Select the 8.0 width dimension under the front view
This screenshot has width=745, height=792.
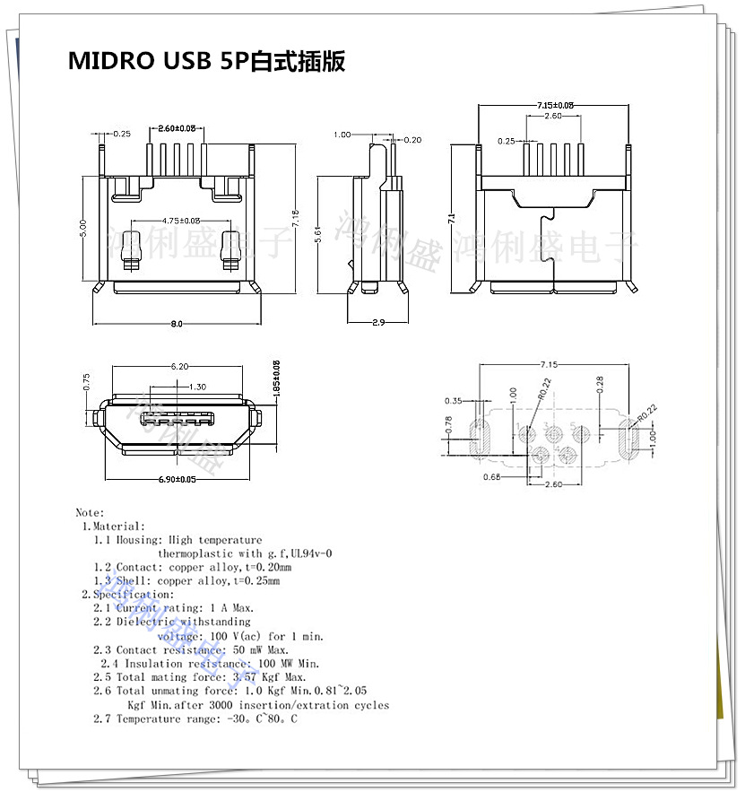[x=177, y=324]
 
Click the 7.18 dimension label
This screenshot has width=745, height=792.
[x=296, y=217]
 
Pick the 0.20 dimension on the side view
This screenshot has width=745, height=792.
[x=413, y=140]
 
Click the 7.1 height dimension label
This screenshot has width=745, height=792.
[x=453, y=218]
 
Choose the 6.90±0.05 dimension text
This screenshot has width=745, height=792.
[x=177, y=480]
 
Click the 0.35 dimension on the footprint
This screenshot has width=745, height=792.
[x=454, y=400]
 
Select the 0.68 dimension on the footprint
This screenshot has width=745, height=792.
[x=491, y=476]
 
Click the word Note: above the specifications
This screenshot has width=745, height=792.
[x=90, y=513]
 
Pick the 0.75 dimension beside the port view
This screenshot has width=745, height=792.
[x=86, y=380]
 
